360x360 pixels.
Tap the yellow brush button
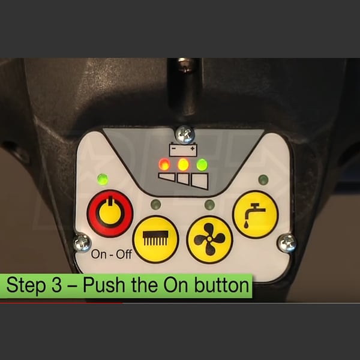(155, 239)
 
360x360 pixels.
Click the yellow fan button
(209, 239)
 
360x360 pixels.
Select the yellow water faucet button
(256, 214)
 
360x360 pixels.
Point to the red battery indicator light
(164, 164)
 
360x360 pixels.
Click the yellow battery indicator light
(183, 164)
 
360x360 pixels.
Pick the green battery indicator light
(202, 164)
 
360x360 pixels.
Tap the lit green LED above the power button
(103, 179)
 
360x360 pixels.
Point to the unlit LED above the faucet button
(263, 180)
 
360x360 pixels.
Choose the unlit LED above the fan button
(209, 205)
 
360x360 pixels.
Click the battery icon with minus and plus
(183, 149)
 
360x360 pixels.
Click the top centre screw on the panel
(185, 135)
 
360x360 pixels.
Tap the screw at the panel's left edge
(82, 242)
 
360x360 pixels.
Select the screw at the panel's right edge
(287, 243)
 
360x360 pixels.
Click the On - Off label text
(112, 254)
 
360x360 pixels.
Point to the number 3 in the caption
(56, 285)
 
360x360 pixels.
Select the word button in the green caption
(221, 285)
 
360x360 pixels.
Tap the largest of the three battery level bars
(200, 181)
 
